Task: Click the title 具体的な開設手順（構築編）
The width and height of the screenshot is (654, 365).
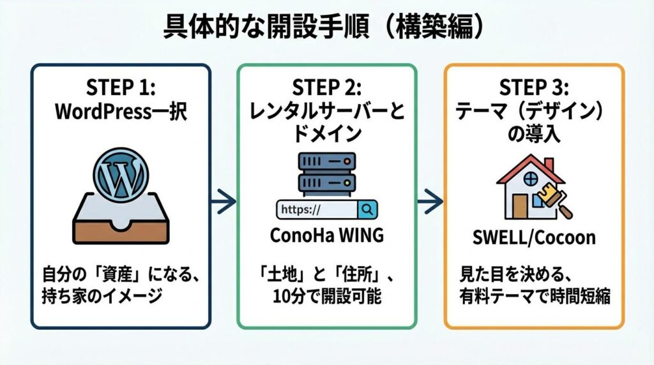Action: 327,27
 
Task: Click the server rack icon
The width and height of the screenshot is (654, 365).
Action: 326,172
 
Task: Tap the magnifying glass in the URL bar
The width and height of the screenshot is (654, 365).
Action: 368,209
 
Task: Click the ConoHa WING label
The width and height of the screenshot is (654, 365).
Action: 326,235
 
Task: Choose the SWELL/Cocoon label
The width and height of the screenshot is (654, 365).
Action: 534,238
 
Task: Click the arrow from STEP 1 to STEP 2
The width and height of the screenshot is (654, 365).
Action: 224,204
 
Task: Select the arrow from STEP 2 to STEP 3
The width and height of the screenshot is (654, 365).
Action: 430,204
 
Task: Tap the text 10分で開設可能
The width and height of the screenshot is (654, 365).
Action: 327,297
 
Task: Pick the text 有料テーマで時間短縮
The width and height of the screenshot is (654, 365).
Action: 534,297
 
